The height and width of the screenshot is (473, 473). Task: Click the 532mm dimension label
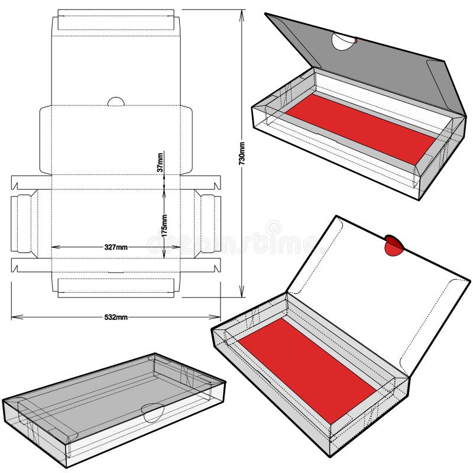[x=115, y=317]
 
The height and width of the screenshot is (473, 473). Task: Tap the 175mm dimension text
[x=164, y=226]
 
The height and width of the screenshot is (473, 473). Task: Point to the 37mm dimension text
[x=160, y=163]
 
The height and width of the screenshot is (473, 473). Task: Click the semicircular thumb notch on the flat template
[x=116, y=102]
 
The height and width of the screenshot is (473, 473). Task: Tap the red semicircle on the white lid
[x=393, y=245]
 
